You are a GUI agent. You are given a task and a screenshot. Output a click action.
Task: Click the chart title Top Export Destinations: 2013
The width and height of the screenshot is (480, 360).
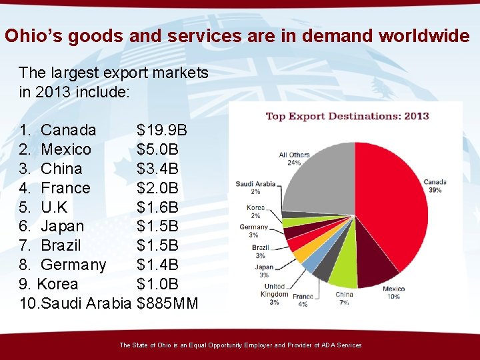(347, 116)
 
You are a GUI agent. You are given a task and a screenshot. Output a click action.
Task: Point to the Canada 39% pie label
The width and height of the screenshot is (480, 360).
(435, 185)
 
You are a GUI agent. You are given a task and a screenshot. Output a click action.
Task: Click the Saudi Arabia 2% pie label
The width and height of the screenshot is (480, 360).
(255, 187)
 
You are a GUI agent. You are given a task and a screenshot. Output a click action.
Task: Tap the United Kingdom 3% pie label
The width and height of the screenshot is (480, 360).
(274, 294)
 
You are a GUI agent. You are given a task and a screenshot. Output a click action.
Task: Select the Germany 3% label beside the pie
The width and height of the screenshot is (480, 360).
(254, 231)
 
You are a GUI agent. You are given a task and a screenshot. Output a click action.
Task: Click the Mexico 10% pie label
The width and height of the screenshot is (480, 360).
(393, 293)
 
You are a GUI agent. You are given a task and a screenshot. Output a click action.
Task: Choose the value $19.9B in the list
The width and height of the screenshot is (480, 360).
(162, 129)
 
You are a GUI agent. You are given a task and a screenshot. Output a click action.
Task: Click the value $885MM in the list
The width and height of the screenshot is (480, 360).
(167, 304)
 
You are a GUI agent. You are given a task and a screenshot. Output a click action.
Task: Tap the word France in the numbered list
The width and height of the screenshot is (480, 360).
(65, 188)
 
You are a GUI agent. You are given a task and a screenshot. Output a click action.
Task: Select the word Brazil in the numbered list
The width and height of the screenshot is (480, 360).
(61, 245)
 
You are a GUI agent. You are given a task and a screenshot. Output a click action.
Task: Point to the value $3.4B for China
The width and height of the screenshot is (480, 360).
(157, 169)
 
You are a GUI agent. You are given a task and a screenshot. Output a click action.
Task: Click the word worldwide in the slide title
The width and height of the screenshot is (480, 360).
(424, 35)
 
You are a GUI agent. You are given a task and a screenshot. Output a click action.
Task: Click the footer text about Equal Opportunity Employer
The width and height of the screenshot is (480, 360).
(240, 345)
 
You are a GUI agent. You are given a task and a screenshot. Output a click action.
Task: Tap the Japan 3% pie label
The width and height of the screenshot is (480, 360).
(264, 271)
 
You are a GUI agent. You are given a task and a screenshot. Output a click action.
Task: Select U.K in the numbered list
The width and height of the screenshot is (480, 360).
(54, 207)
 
